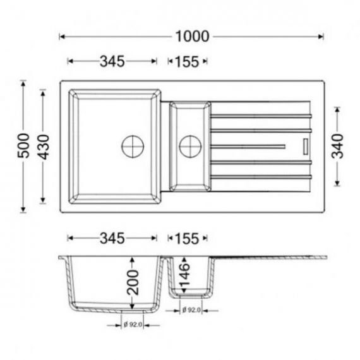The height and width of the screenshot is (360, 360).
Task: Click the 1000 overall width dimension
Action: click(193, 37)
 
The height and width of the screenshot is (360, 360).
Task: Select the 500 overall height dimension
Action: click(23, 146)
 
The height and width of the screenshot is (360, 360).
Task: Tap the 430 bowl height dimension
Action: click(43, 147)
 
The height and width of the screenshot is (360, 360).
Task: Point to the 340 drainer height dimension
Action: click(337, 147)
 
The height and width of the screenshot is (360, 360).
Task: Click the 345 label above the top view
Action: click(112, 61)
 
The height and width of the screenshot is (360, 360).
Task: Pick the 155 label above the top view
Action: click(187, 61)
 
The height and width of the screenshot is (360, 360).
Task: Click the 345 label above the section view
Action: click(112, 238)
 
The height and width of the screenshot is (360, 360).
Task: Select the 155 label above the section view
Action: click(187, 239)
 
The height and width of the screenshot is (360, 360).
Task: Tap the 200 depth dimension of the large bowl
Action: click(133, 282)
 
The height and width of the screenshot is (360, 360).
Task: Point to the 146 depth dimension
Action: click(184, 275)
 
